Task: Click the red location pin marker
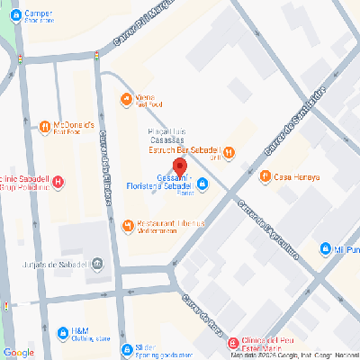point(179,167)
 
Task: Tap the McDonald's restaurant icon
point(44,126)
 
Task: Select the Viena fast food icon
point(125,98)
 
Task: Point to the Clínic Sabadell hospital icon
point(58,183)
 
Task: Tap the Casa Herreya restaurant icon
point(265,176)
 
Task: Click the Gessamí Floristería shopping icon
point(202,185)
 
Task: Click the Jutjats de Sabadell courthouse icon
point(97,264)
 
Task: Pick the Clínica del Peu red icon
point(233,343)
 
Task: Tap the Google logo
point(18,352)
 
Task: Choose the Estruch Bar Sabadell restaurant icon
point(229,151)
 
